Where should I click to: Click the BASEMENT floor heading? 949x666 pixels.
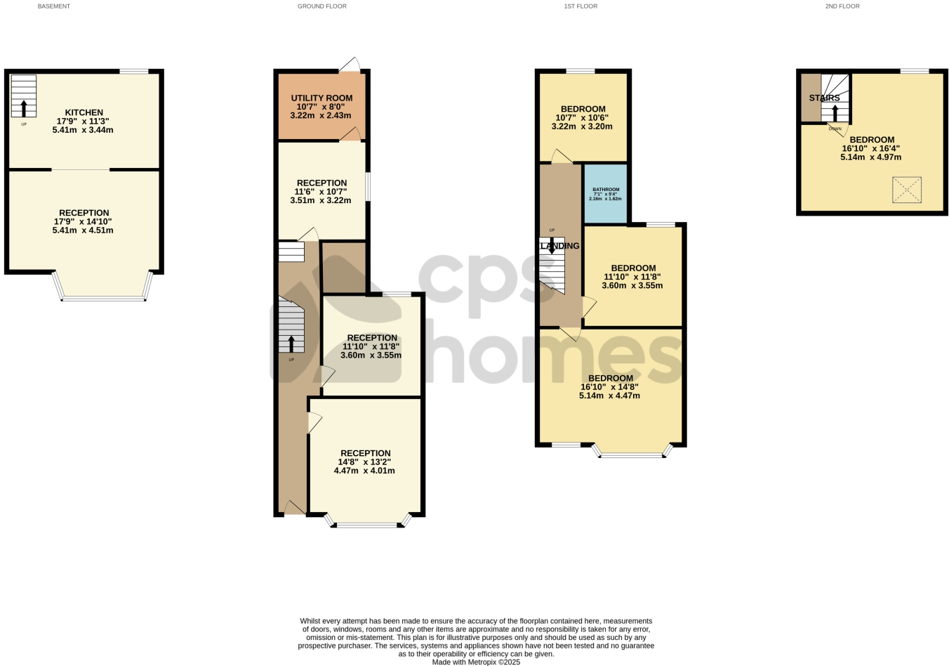point(54,6)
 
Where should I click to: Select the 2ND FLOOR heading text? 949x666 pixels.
point(842,6)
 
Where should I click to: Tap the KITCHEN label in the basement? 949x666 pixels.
point(84,112)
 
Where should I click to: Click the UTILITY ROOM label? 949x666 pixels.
point(321,98)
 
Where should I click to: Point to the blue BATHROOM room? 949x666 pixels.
point(605,194)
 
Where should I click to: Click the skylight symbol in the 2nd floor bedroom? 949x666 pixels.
point(906,190)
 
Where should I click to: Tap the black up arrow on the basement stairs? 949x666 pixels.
point(24,108)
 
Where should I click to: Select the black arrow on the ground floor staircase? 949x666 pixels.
point(291,344)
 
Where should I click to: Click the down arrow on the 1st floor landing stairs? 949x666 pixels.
point(552,246)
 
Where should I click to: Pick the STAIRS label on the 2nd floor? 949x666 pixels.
point(824,98)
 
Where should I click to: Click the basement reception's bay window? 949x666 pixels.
point(103,299)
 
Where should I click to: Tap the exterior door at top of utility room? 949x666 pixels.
point(350,66)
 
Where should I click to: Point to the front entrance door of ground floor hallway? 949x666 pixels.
point(294,509)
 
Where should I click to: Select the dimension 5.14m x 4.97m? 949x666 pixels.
point(870,157)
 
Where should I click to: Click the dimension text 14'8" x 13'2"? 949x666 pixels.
point(364,462)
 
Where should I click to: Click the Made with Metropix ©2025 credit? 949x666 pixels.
point(476,662)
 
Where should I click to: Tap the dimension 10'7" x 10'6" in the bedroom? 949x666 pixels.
point(582,118)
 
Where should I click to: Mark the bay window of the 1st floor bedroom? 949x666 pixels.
point(632,455)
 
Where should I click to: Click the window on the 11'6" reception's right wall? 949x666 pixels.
point(368,187)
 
